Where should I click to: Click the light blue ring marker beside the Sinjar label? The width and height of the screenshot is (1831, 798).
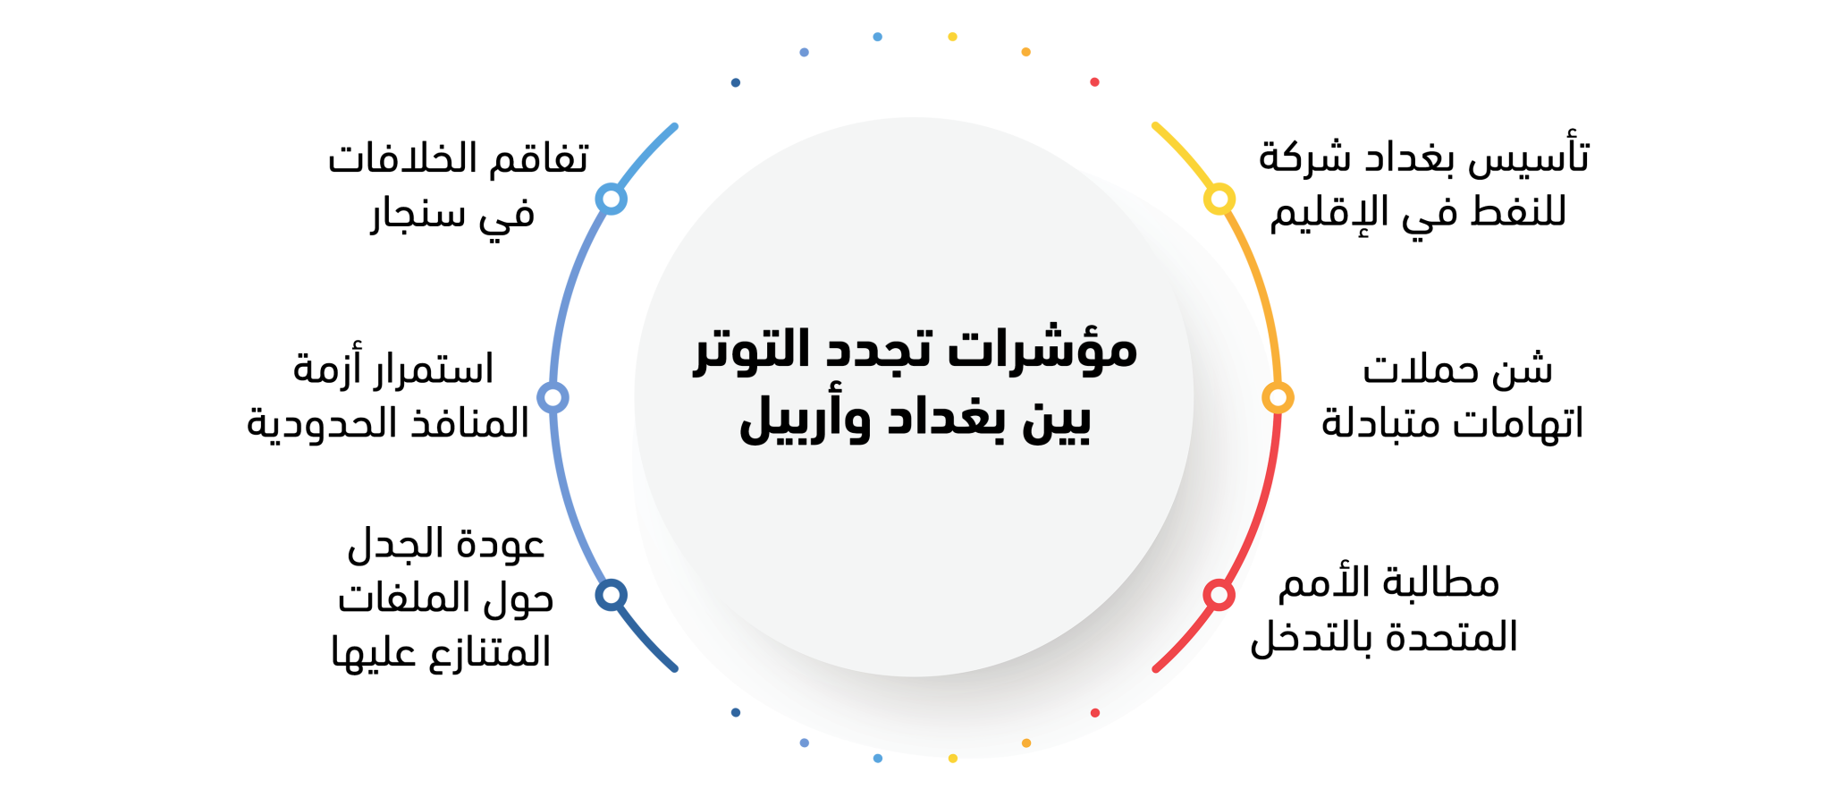pyautogui.click(x=611, y=199)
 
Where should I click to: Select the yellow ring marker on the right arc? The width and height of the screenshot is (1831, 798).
pyautogui.click(x=1219, y=199)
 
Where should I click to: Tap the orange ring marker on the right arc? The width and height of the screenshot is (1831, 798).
pyautogui.click(x=1278, y=397)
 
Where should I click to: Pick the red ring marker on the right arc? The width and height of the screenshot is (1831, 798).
pyautogui.click(x=1219, y=595)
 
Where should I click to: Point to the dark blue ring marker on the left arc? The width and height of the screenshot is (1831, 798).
pyautogui.click(x=611, y=595)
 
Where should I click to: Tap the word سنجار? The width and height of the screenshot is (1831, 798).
pyautogui.click(x=419, y=215)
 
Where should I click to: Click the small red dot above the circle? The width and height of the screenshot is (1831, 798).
pyautogui.click(x=1094, y=82)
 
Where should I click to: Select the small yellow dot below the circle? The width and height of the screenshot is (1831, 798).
pyautogui.click(x=953, y=759)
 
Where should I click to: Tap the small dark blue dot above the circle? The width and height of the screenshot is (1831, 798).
pyautogui.click(x=736, y=82)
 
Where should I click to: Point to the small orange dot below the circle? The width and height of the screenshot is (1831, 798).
pyautogui.click(x=1026, y=743)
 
